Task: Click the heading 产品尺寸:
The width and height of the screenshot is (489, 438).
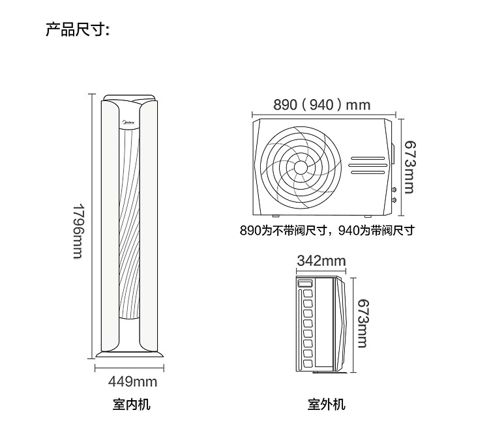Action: click(78, 29)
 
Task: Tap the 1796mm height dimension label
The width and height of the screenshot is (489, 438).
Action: click(78, 231)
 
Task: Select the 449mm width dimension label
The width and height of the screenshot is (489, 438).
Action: click(132, 381)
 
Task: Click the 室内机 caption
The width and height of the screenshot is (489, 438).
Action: click(131, 404)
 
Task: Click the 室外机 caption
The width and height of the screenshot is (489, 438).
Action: click(326, 404)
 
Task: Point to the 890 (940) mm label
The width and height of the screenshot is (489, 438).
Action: click(322, 104)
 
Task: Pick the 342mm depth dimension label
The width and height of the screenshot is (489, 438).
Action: click(321, 261)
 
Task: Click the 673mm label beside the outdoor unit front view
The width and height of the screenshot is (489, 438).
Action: click(410, 167)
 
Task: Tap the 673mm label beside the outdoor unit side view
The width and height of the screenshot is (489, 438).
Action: click(363, 323)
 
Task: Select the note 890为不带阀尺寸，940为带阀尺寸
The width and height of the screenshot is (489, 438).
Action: click(327, 231)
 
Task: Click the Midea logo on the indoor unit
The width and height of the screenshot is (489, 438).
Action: click(129, 122)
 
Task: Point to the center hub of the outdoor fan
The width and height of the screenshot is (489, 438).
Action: click(301, 168)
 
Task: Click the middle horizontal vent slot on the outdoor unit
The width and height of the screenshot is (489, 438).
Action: click(368, 166)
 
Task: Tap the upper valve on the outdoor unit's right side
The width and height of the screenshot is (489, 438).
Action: click(394, 189)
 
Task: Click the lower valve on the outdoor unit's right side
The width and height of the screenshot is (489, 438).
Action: click(394, 200)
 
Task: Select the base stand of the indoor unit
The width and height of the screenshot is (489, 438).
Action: click(130, 354)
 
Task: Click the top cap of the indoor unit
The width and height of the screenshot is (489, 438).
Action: click(129, 97)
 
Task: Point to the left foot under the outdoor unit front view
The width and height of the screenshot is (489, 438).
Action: click(275, 216)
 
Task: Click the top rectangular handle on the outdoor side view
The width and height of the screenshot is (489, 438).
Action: click(305, 284)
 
